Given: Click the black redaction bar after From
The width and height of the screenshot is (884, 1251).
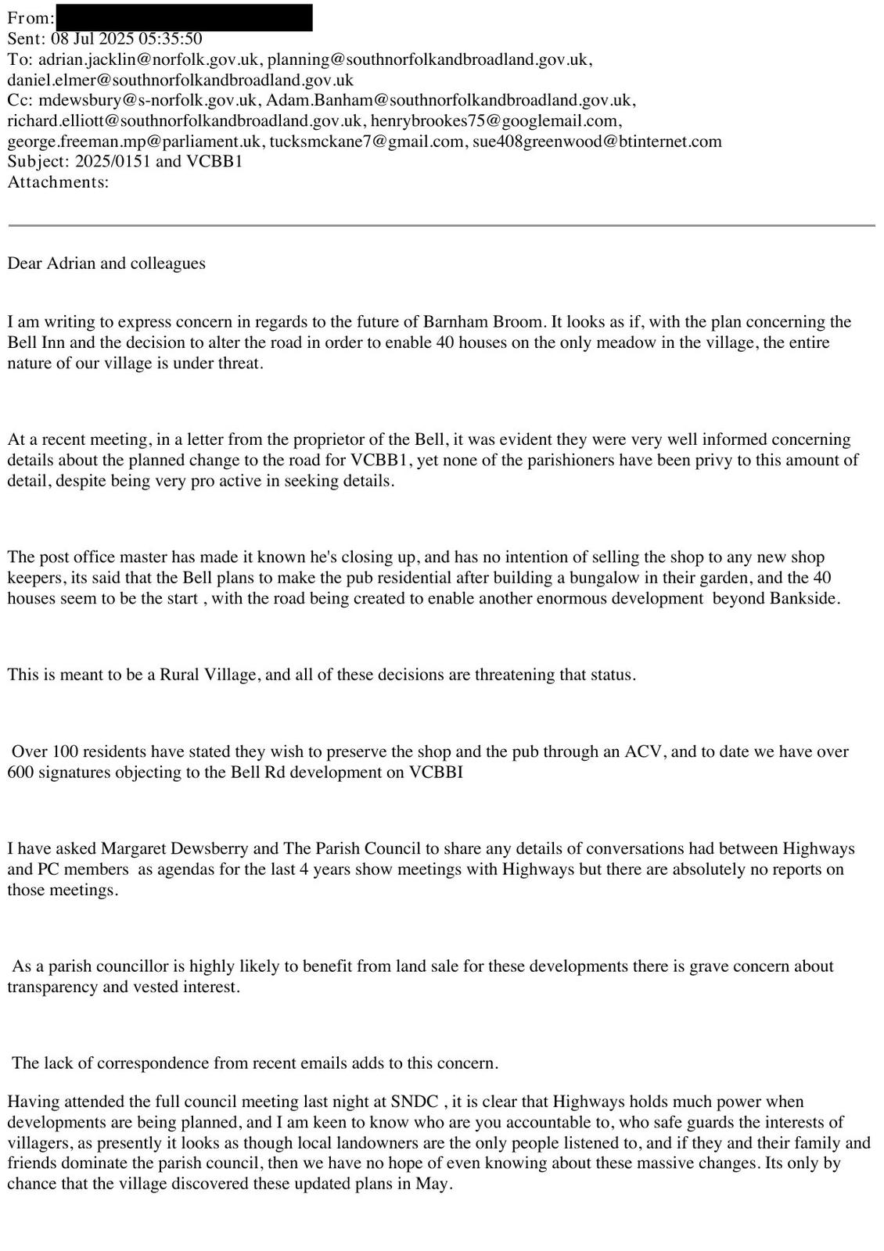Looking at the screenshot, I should click(x=184, y=17).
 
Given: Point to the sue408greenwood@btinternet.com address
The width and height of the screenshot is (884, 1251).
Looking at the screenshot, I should click(x=596, y=142).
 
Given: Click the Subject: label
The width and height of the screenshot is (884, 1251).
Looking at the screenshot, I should click(x=38, y=162).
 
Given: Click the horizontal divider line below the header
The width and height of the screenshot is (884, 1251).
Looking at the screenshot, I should click(x=442, y=225).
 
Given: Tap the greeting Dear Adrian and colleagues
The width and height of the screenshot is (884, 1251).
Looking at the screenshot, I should click(x=106, y=263).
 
